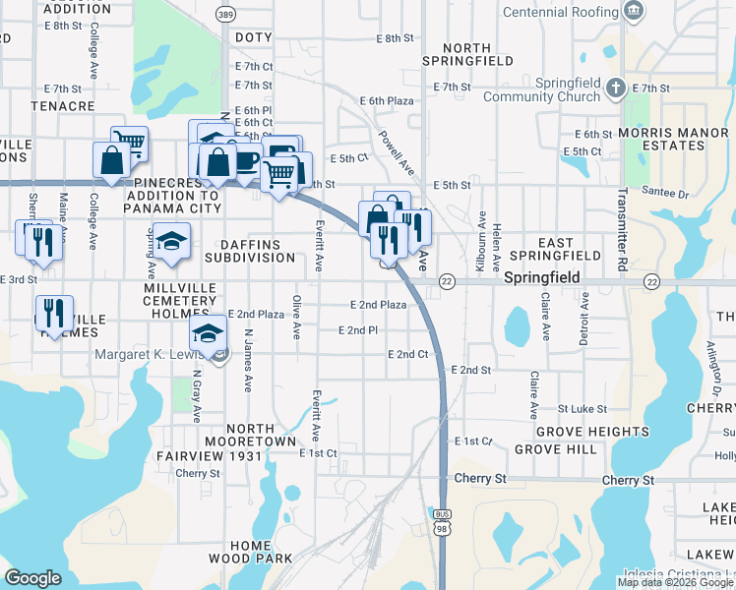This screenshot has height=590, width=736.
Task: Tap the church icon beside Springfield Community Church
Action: point(616,86)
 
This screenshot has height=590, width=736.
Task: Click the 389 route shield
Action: point(225,16)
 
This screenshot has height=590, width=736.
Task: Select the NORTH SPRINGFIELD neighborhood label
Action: point(478,54)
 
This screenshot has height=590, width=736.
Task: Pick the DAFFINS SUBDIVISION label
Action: point(250,251)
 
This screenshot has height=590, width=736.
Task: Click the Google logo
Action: point(33,577)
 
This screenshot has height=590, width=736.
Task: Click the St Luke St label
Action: point(582,408)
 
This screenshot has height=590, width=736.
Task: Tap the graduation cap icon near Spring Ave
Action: point(172,243)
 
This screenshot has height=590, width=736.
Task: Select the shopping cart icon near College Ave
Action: point(129,144)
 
